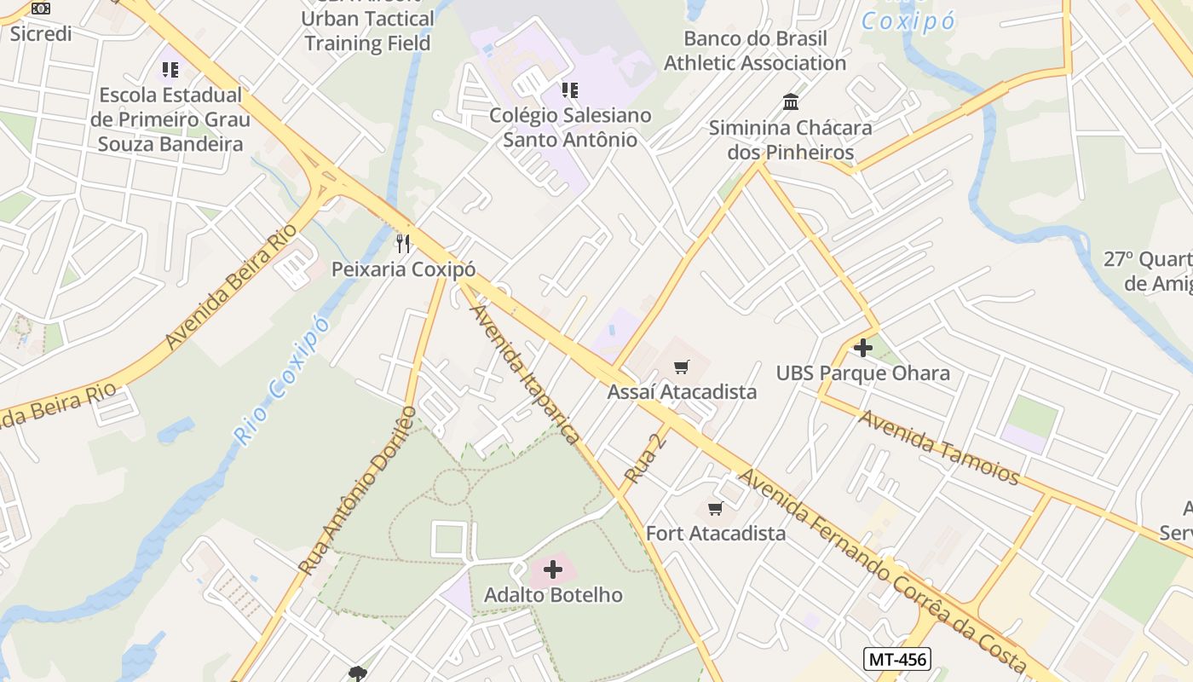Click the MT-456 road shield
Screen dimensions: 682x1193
pyautogui.click(x=896, y=658)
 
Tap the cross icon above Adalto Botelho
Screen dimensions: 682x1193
pyautogui.click(x=553, y=569)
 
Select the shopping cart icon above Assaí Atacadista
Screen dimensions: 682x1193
pyautogui.click(x=681, y=367)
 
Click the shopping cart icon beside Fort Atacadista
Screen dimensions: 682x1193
pyautogui.click(x=716, y=509)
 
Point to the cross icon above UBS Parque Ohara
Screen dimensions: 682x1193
pyautogui.click(x=862, y=348)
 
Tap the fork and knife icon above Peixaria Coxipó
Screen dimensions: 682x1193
pyautogui.click(x=403, y=244)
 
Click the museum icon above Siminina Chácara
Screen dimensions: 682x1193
pyautogui.click(x=790, y=102)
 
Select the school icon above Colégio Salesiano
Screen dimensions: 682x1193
pyautogui.click(x=569, y=90)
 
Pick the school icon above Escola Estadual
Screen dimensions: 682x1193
pyautogui.click(x=170, y=69)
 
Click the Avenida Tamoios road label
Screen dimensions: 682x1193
pyautogui.click(x=938, y=447)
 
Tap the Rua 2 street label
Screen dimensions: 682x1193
pyautogui.click(x=644, y=458)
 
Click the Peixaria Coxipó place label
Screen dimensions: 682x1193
pyautogui.click(x=403, y=269)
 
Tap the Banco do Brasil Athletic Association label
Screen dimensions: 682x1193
pyautogui.click(x=755, y=51)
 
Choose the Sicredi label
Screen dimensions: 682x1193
pyautogui.click(x=40, y=34)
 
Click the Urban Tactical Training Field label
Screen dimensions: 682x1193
pyautogui.click(x=368, y=31)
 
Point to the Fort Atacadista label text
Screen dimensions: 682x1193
pyautogui.click(x=716, y=534)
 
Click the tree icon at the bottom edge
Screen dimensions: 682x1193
pyautogui.click(x=358, y=674)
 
